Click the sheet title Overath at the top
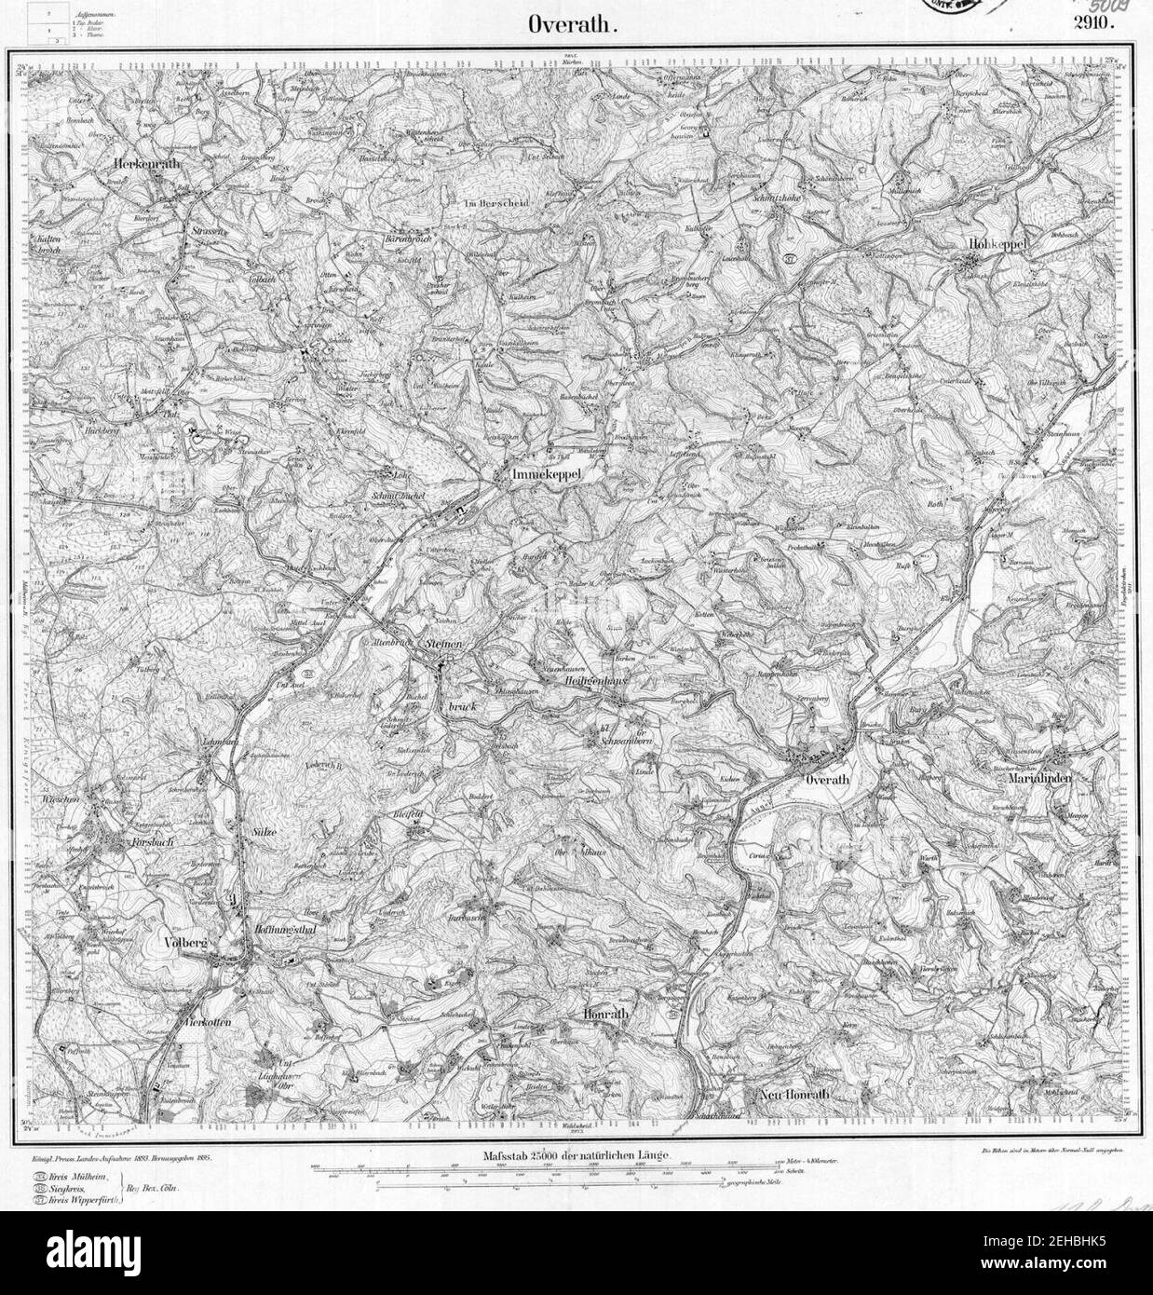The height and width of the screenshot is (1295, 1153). click(573, 25)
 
